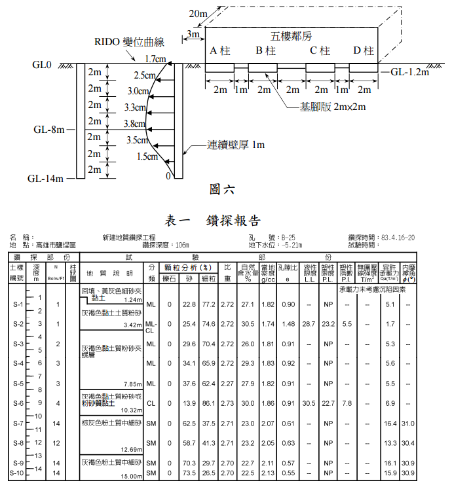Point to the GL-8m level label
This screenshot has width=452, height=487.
pos(49,129)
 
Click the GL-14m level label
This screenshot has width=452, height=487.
pos(45,177)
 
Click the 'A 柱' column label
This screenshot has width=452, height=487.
pos(220,51)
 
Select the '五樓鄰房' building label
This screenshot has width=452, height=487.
pos(293,35)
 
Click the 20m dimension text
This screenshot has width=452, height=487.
pos(198,14)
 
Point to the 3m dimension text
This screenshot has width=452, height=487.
pos(193,33)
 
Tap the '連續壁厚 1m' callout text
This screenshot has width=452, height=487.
pos(236,145)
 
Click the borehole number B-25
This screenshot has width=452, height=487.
pos(288,238)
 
